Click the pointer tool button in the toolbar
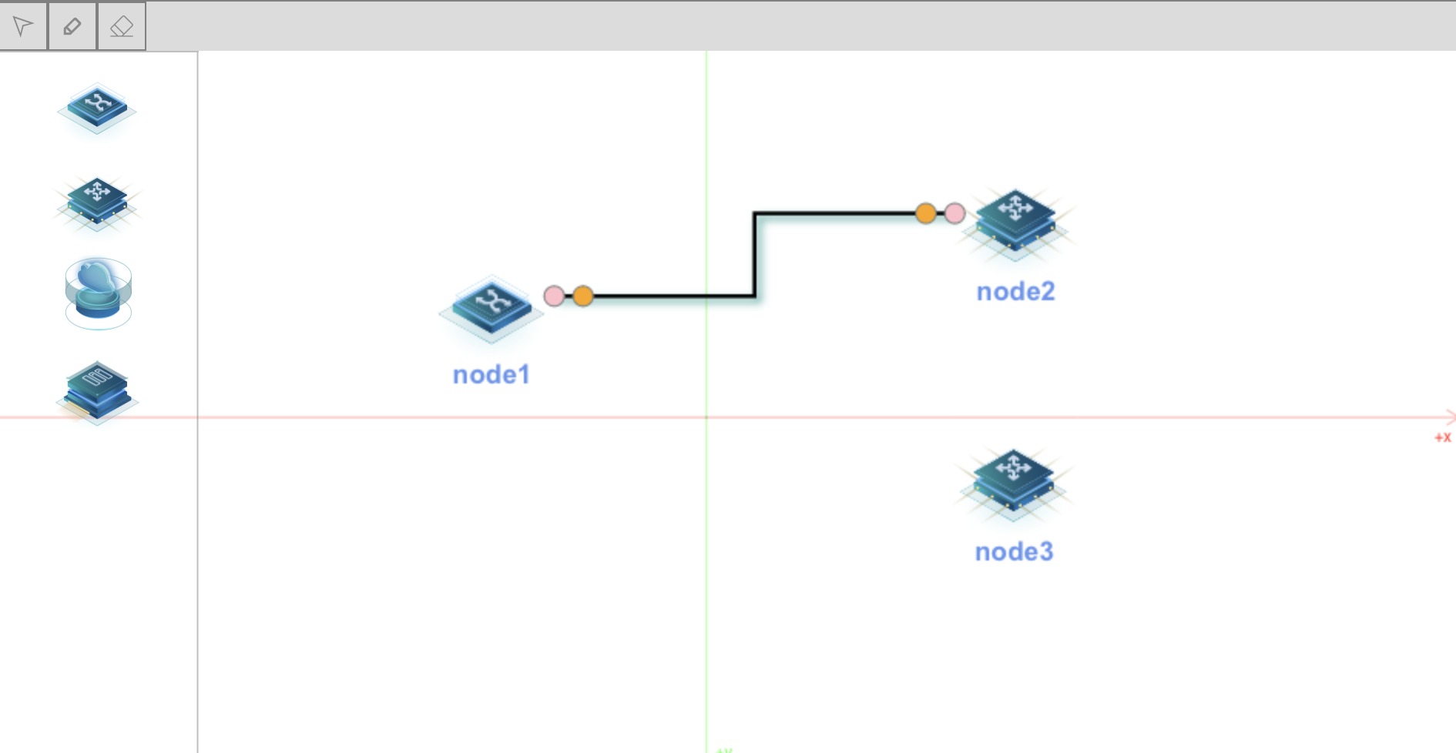[x=23, y=26]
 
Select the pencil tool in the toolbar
[x=72, y=26]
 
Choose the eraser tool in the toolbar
[x=121, y=26]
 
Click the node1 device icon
[x=491, y=307]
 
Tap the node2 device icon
[x=1015, y=220]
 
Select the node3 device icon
[x=1013, y=480]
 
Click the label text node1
[x=491, y=375]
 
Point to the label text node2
[x=1015, y=292]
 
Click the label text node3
[x=1014, y=552]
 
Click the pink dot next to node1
[x=554, y=296]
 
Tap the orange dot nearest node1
[x=583, y=296]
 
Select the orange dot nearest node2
[x=925, y=213]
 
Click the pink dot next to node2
[x=954, y=213]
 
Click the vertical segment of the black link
[x=755, y=254]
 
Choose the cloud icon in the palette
[x=98, y=293]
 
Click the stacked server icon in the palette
[x=97, y=391]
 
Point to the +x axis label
[x=1442, y=437]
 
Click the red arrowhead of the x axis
[x=1451, y=417]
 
